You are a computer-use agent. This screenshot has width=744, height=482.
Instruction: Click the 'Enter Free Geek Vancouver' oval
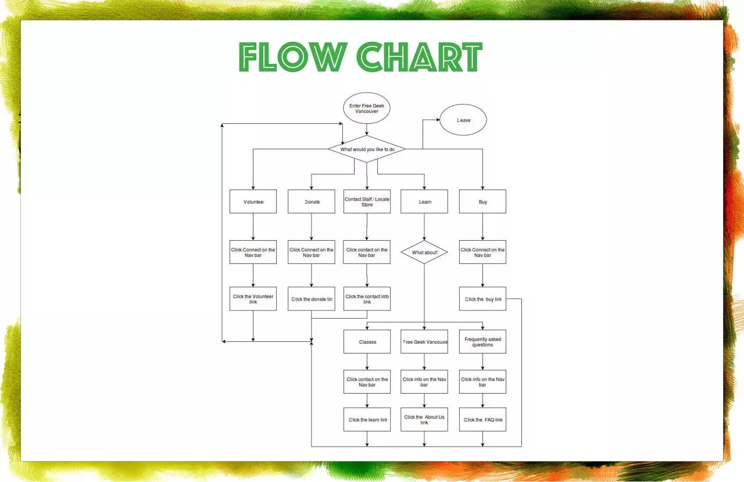click(366, 108)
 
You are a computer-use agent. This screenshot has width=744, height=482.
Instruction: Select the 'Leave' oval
click(463, 120)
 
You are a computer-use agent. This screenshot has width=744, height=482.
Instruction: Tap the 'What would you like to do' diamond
click(367, 149)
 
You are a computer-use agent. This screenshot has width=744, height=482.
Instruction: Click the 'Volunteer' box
click(253, 202)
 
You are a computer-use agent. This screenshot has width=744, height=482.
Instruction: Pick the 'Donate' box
click(311, 202)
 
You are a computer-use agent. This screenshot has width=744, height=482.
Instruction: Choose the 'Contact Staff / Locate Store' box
click(367, 202)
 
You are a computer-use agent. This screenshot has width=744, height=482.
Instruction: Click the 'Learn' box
click(424, 202)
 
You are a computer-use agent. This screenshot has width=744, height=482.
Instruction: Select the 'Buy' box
click(482, 202)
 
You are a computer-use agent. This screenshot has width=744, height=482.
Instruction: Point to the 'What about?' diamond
click(424, 252)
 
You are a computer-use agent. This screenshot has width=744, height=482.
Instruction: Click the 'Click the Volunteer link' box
click(253, 299)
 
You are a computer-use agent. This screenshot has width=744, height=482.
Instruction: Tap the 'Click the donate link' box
click(311, 299)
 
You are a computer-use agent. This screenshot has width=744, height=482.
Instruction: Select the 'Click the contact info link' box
click(367, 299)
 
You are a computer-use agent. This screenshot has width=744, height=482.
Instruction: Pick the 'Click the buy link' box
click(482, 299)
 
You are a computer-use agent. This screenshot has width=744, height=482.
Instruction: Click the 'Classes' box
click(367, 342)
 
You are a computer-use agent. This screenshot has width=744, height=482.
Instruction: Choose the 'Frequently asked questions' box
click(482, 342)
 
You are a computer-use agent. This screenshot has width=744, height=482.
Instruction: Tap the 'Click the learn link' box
click(367, 420)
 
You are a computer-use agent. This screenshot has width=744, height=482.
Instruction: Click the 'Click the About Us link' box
click(424, 420)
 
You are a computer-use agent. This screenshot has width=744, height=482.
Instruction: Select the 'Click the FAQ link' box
click(482, 420)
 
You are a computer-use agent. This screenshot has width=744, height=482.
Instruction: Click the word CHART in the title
click(420, 57)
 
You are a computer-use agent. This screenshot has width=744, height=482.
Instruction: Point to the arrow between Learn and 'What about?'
click(424, 227)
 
